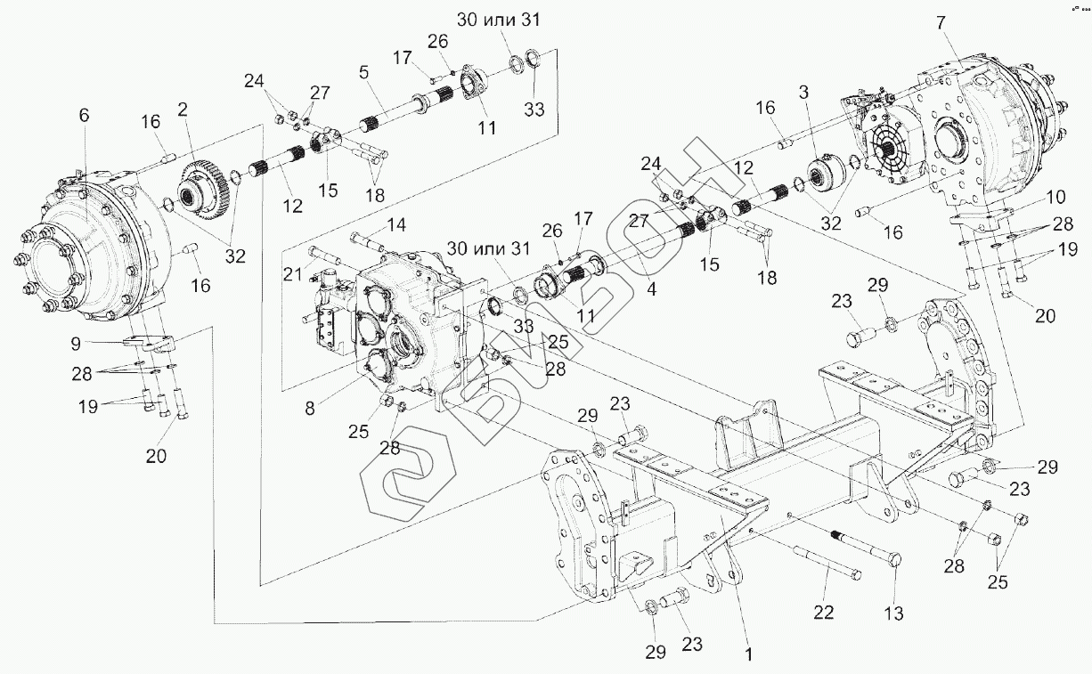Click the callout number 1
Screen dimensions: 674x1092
749,654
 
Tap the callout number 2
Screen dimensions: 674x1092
182,110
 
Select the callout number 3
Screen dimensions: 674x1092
803,92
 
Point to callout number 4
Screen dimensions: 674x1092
653,289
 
